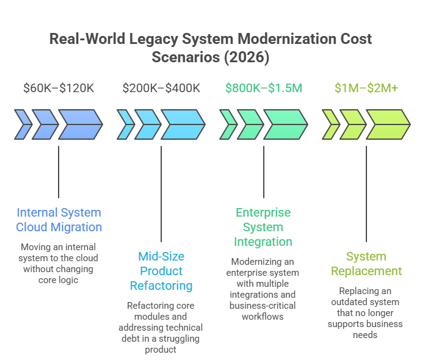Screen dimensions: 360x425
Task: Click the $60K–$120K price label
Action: click(x=59, y=88)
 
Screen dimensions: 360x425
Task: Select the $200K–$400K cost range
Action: click(x=161, y=88)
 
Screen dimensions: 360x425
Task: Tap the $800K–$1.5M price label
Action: click(x=263, y=88)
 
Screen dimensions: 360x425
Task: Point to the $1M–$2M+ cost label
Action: click(x=366, y=88)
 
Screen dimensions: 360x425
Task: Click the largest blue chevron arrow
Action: click(x=80, y=124)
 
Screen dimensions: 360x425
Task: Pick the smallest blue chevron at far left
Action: click(x=22, y=124)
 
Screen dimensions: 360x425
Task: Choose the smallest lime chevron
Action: click(x=330, y=124)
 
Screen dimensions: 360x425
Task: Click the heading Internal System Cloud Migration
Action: click(x=59, y=220)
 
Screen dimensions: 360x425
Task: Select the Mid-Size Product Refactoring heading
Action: click(x=161, y=271)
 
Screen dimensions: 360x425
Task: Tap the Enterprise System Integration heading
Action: click(x=263, y=227)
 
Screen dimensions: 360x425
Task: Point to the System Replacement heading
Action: click(x=366, y=264)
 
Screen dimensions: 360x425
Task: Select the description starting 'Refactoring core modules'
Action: click(x=161, y=327)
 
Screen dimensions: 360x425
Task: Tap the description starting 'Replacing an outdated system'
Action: click(x=366, y=313)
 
